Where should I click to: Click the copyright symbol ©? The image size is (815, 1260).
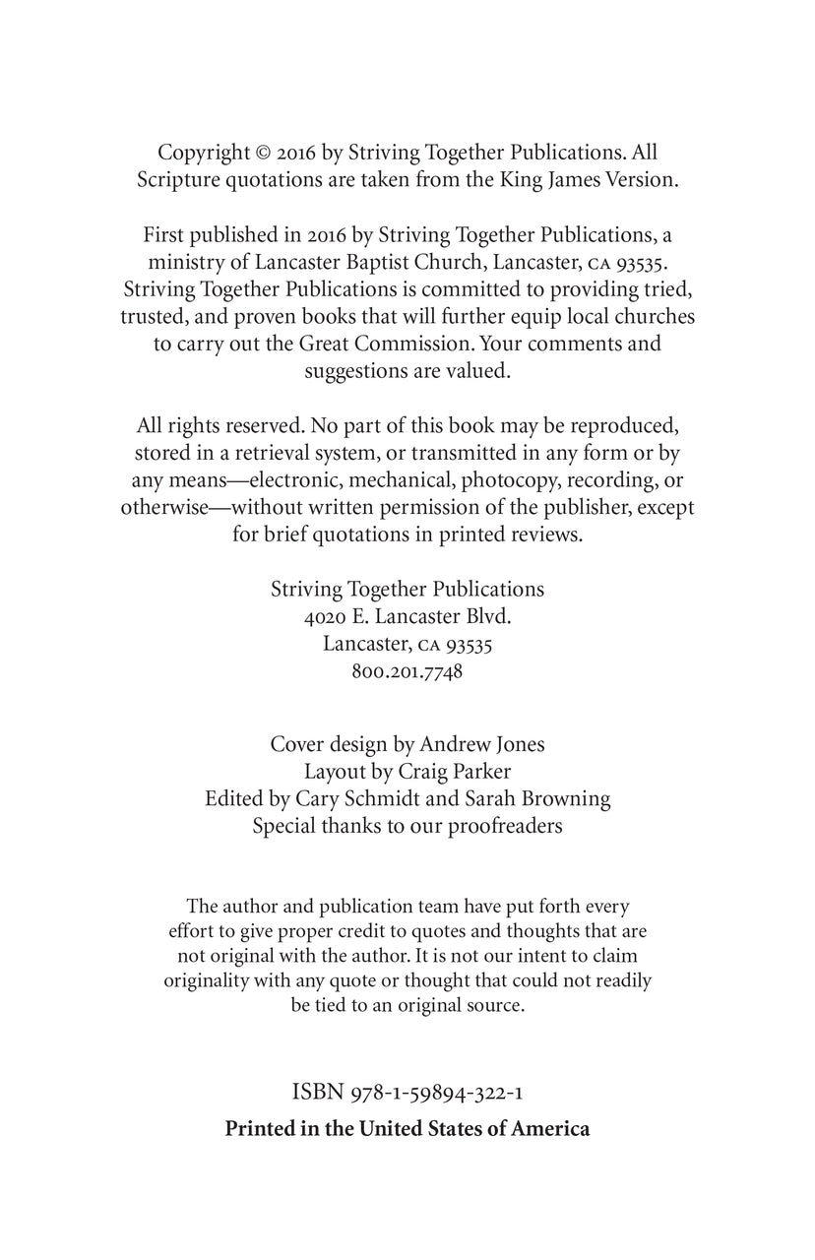coord(263,153)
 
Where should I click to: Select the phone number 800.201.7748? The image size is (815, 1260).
coord(407,672)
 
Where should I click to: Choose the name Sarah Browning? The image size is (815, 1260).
coord(547,798)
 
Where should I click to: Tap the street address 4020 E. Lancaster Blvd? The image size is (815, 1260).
coord(407,616)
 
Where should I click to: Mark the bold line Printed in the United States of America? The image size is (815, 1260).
coord(407,1128)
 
